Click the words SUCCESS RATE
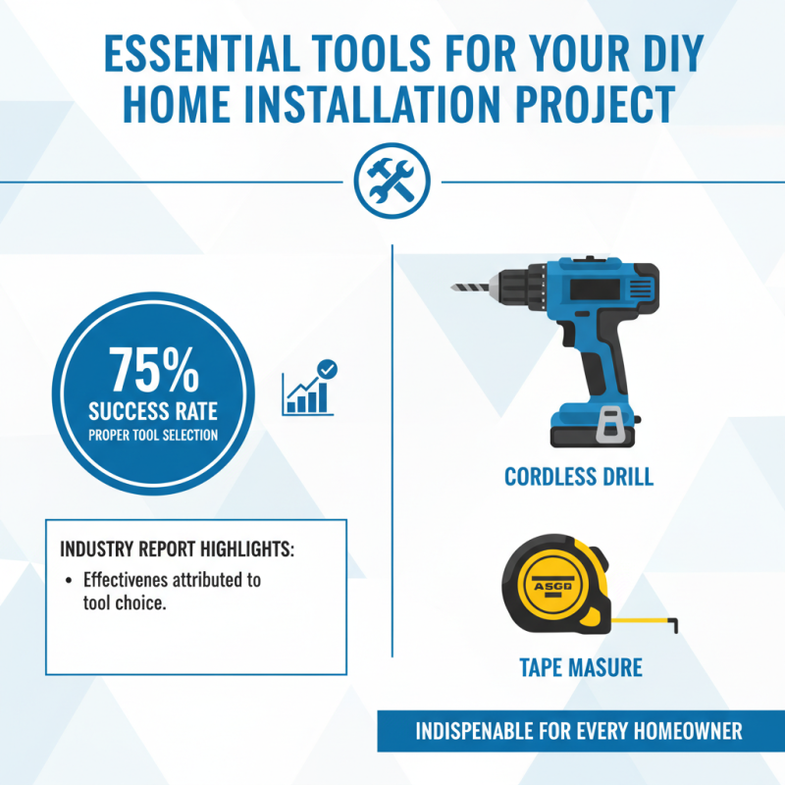(152, 410)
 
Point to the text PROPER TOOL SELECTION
(152, 435)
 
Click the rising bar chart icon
(306, 392)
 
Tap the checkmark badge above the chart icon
(329, 370)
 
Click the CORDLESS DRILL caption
(578, 477)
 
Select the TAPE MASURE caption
(580, 668)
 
